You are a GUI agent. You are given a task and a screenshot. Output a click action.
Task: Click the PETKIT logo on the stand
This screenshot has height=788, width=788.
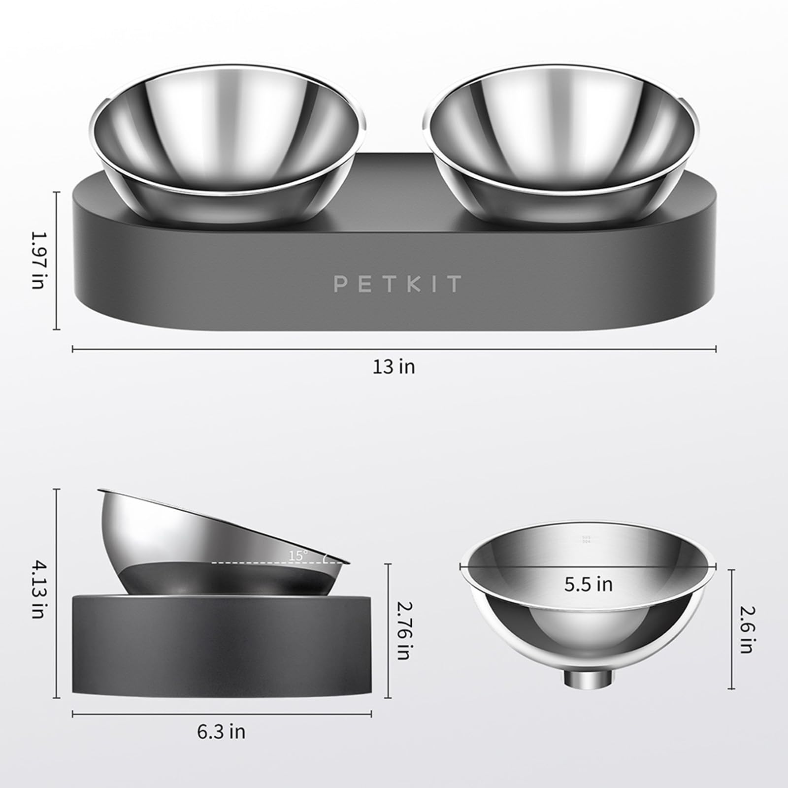397,284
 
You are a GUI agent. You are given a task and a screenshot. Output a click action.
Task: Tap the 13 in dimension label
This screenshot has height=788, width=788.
394,367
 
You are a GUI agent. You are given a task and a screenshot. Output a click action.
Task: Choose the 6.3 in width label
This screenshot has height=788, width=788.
221,732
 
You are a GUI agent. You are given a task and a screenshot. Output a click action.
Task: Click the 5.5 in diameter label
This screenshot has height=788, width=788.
589,585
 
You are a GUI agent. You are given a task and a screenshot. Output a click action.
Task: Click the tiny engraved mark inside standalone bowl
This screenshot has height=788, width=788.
586,539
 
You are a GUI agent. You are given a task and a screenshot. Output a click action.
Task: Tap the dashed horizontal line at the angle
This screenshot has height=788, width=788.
256,562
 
